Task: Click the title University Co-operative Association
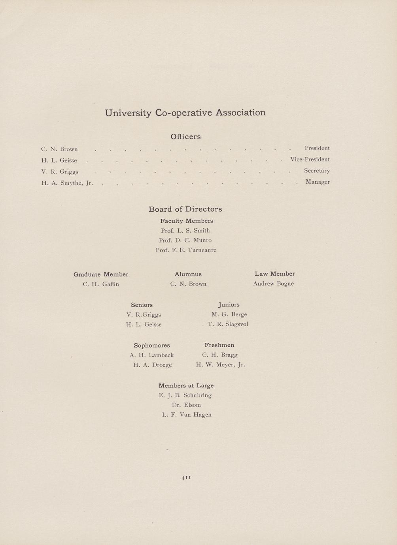tap(185, 113)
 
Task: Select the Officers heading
tap(185, 137)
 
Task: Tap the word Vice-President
tap(310, 160)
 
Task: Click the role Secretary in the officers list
tap(317, 171)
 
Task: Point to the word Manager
tap(318, 182)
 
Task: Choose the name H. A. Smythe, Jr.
tap(67, 183)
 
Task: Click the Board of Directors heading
tap(185, 209)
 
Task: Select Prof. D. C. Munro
tap(185, 240)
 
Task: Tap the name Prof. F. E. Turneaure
tap(186, 250)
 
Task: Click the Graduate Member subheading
tap(101, 274)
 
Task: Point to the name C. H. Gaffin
tap(101, 284)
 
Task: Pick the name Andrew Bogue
tap(273, 284)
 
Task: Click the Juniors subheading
tap(229, 304)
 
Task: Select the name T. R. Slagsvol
tap(228, 324)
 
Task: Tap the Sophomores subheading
tap(152, 346)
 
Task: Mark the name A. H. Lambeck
tap(152, 355)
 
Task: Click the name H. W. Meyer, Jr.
tap(220, 365)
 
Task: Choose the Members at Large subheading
tap(186, 385)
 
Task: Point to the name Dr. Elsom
tap(186, 405)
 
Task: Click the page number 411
tap(186, 477)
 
